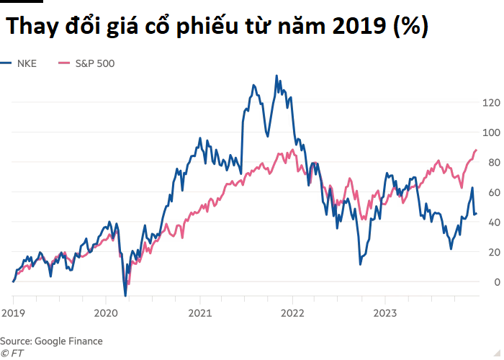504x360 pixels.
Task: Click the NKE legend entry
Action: click(27, 63)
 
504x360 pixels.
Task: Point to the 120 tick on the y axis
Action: click(491, 103)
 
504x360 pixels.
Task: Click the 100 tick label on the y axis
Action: click(491, 132)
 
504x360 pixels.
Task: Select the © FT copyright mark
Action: click(12, 352)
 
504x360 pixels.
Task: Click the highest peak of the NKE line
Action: click(276, 76)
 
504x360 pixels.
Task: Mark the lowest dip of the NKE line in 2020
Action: click(125, 295)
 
